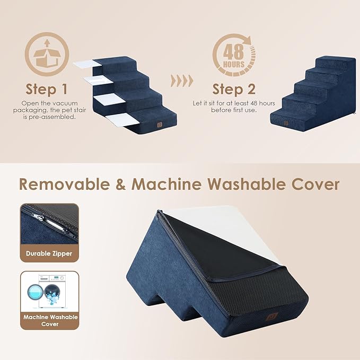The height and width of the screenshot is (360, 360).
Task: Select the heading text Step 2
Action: click(x=234, y=88)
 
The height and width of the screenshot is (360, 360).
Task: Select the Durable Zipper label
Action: click(x=49, y=253)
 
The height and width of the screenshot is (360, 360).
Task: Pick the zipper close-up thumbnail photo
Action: click(x=49, y=224)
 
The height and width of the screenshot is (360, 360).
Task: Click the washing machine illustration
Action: click(x=49, y=291)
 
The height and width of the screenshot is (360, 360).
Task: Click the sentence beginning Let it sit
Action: click(x=234, y=106)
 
